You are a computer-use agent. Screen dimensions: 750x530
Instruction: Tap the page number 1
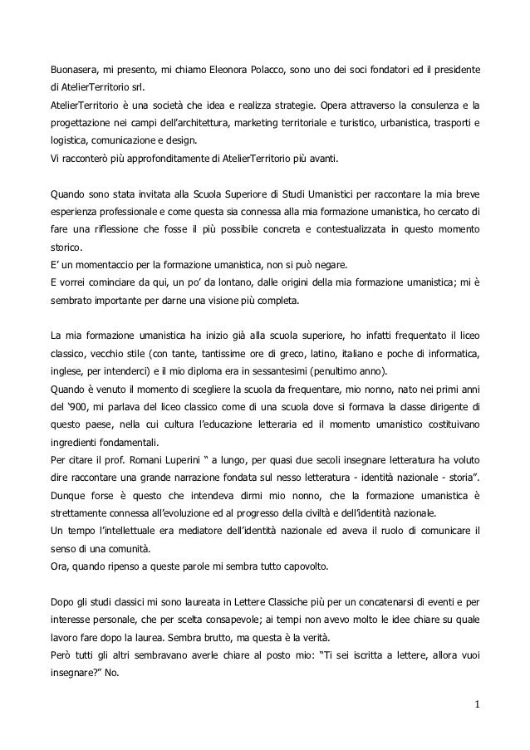tap(478, 707)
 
